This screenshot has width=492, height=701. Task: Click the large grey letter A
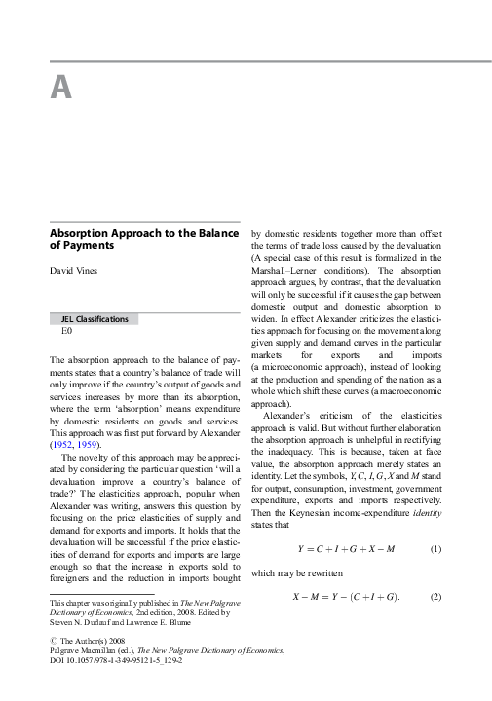click(60, 88)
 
